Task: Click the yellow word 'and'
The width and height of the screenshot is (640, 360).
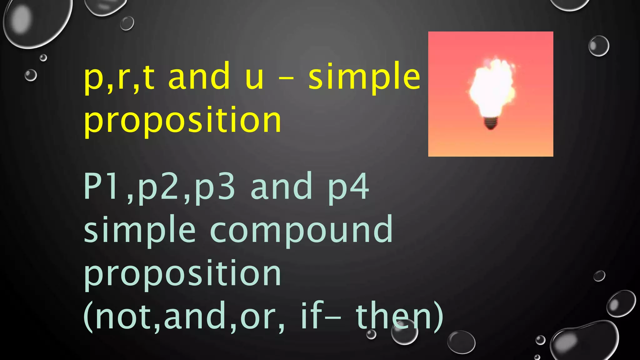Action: click(199, 77)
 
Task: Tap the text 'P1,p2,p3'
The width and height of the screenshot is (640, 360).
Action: click(159, 187)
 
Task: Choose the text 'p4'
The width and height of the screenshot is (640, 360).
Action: click(348, 187)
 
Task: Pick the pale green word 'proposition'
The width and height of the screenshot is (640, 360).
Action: click(183, 274)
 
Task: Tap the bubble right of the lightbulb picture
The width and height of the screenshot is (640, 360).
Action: click(599, 46)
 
